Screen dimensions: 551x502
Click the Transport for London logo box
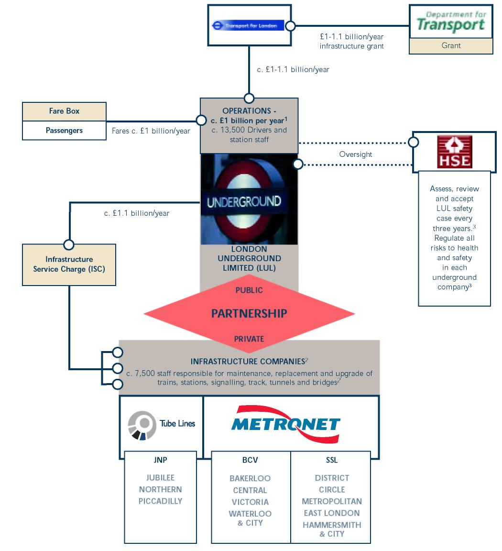249,25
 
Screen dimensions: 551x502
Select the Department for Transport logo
451,22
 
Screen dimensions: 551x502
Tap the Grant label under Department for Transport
451,46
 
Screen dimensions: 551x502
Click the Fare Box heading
64,111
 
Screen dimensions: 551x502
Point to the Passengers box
64,130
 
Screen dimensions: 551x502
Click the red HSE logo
454,152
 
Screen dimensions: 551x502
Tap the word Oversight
355,154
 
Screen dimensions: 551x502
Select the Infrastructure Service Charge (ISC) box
69,264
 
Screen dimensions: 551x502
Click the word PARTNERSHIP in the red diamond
249,314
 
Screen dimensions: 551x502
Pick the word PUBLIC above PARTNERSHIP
249,290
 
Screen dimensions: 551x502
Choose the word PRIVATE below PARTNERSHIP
249,339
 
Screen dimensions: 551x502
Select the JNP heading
160,460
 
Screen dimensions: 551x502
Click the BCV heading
250,460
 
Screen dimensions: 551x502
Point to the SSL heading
331,460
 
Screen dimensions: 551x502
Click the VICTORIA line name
250,502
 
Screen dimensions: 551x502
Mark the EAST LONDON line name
331,513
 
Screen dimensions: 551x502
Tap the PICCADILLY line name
160,501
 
